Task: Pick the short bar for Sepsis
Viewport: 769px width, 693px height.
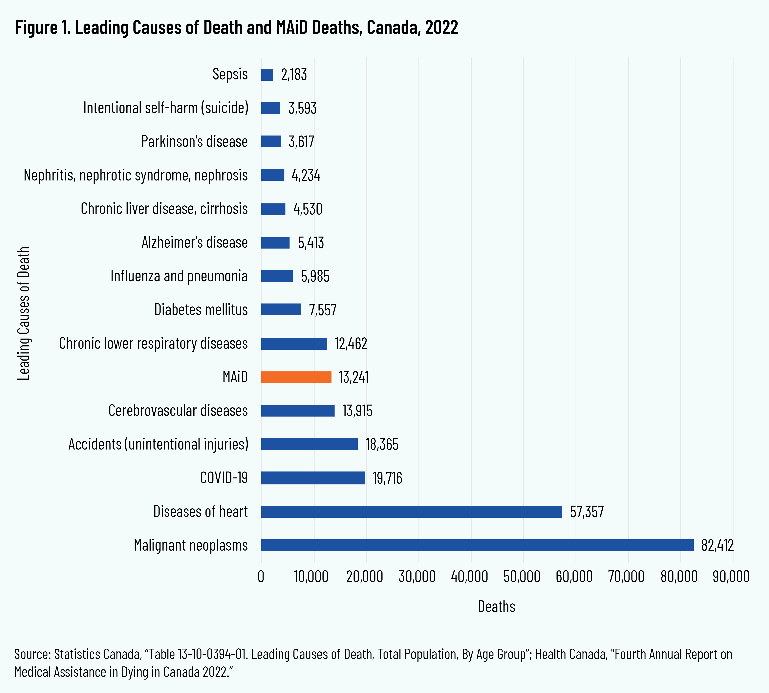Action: pos(267,75)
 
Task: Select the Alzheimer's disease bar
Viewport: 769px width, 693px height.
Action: pos(275,242)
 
